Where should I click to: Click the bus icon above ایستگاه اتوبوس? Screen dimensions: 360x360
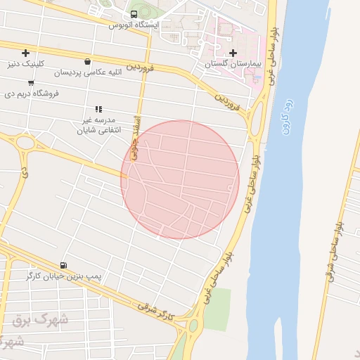[x=134, y=14]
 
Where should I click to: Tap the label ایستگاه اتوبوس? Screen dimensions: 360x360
[x=134, y=25]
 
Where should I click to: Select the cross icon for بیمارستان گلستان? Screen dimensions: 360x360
[x=233, y=53]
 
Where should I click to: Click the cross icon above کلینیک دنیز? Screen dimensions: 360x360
[x=26, y=53]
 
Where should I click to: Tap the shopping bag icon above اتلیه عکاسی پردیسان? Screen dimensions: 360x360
[x=86, y=61]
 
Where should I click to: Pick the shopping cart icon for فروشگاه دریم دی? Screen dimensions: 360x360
[x=31, y=82]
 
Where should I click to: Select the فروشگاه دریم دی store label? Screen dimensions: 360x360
[x=32, y=93]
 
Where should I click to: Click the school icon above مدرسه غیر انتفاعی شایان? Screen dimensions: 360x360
[x=98, y=109]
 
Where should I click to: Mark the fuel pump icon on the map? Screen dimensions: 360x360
[x=65, y=265]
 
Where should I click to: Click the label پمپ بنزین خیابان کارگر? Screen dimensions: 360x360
[x=65, y=276]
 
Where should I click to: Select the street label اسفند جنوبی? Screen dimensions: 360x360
[x=136, y=134]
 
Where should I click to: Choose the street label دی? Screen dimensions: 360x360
[x=25, y=170]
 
